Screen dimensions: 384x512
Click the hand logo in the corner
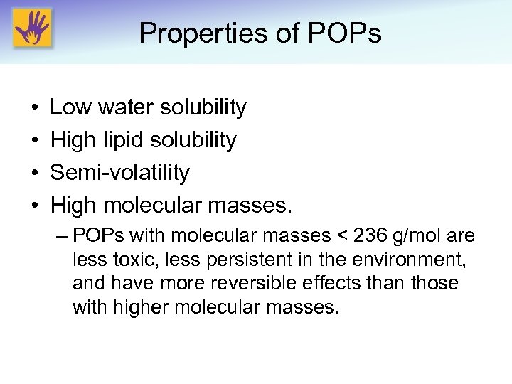(32, 28)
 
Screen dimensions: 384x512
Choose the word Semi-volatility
(119, 173)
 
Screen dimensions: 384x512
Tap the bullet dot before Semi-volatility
(36, 173)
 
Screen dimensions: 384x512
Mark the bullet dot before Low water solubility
(36, 107)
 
